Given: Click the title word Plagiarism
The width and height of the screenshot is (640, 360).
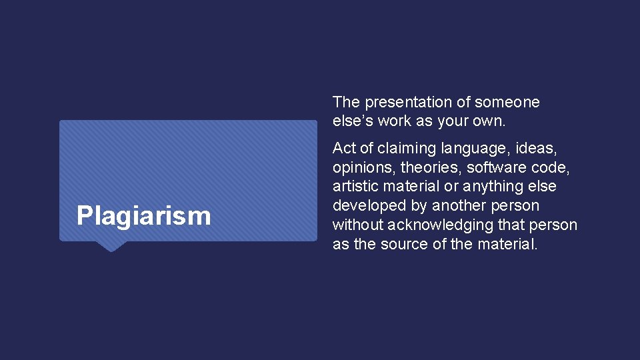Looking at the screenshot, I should point(143,216).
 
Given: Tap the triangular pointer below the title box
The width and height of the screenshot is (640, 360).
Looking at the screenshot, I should point(111,246).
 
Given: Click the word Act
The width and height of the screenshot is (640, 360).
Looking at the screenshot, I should point(344,148).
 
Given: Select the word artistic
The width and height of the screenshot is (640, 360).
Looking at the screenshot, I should point(355,187).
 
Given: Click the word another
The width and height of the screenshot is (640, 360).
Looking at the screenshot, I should point(459,205).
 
